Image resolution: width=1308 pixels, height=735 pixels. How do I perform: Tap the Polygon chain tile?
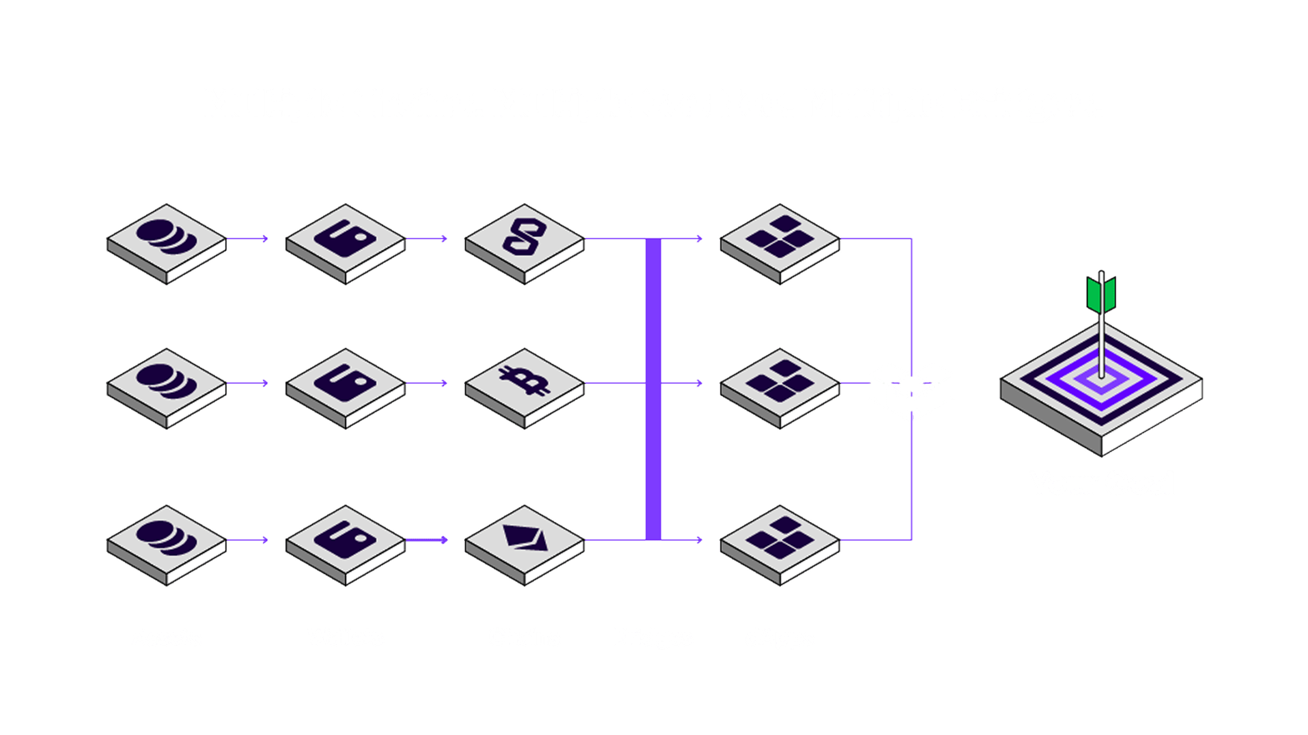pos(524,239)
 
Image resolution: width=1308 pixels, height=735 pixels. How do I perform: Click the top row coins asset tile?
pos(166,239)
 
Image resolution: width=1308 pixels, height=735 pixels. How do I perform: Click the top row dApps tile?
pos(780,239)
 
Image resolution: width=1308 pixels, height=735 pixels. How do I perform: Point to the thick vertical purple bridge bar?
pos(653,389)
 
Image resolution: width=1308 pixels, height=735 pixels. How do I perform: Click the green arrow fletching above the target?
pos(1101,293)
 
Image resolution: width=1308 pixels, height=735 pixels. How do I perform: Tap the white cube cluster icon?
pos(911,391)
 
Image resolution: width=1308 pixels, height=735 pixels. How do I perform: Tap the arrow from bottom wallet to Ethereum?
pos(427,540)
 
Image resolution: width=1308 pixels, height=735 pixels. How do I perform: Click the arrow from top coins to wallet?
pos(247,239)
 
